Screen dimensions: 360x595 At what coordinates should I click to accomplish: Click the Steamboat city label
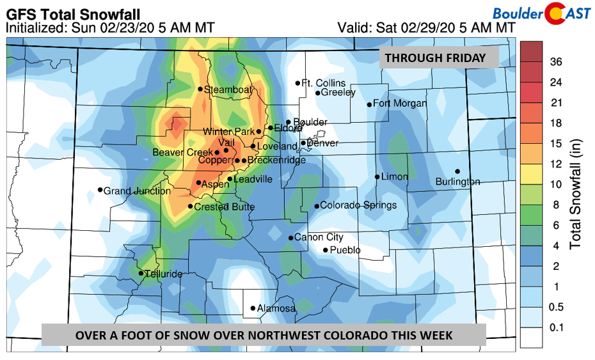pyautogui.click(x=228, y=90)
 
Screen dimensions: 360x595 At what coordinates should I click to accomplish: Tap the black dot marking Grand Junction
pyautogui.click(x=100, y=189)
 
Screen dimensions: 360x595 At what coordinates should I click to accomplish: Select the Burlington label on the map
pyautogui.click(x=457, y=182)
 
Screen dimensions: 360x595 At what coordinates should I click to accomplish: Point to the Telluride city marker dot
pyautogui.click(x=141, y=274)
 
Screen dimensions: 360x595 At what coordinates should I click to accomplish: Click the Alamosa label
pyautogui.click(x=276, y=309)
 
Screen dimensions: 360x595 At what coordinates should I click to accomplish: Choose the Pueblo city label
pyautogui.click(x=345, y=250)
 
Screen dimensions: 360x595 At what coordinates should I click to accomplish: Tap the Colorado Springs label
pyautogui.click(x=358, y=205)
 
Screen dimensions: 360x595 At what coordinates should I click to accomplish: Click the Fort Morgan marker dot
pyautogui.click(x=369, y=104)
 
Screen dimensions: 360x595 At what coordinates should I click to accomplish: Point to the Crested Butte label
pyautogui.click(x=224, y=207)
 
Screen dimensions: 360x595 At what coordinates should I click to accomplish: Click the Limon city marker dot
pyautogui.click(x=377, y=176)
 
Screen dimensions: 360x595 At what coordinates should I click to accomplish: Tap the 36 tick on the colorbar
pyautogui.click(x=556, y=61)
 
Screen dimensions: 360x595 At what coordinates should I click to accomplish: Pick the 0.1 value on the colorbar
pyautogui.click(x=557, y=328)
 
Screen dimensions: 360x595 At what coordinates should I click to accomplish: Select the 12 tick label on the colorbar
pyautogui.click(x=556, y=164)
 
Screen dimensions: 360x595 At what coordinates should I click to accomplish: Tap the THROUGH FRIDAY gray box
pyautogui.click(x=441, y=58)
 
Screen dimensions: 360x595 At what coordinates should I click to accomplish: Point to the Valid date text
pyautogui.click(x=426, y=27)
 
